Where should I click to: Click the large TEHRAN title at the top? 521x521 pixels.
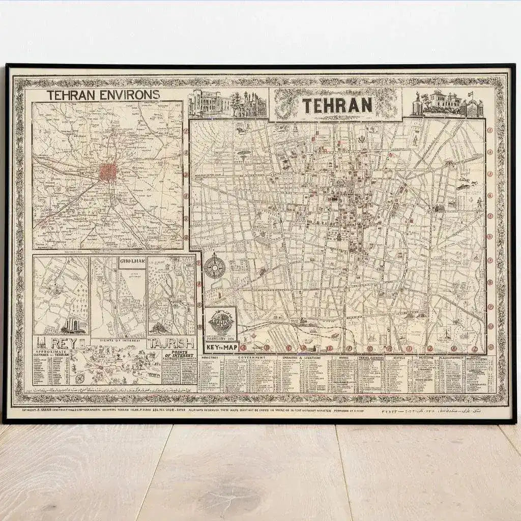(337, 105)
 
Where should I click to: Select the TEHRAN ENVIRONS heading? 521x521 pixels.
(103, 95)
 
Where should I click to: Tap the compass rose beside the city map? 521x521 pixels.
(215, 265)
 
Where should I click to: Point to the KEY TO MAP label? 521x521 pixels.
(221, 348)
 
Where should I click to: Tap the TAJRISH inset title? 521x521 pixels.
(171, 343)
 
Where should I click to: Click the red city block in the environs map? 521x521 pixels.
(107, 172)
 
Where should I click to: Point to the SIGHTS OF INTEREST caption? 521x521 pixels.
(118, 338)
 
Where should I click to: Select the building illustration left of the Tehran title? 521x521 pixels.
(227, 104)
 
